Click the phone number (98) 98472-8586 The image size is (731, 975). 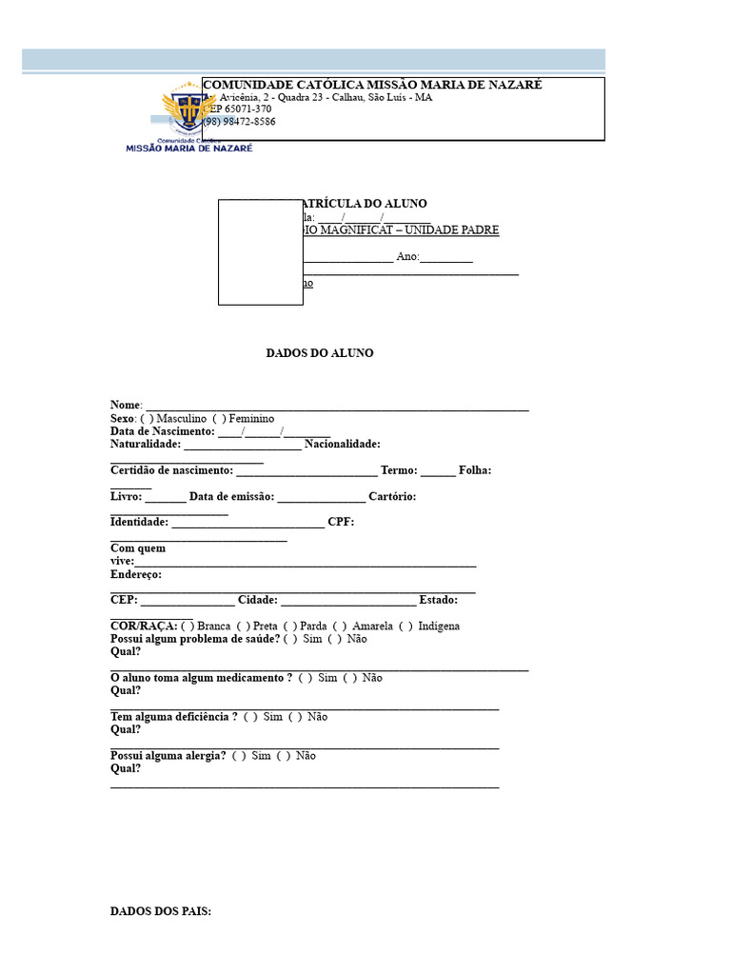click(x=239, y=122)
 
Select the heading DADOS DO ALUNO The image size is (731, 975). click(x=319, y=353)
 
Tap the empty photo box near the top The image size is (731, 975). click(x=260, y=252)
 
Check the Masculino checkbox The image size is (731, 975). click(x=147, y=419)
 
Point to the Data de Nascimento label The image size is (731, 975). click(x=162, y=431)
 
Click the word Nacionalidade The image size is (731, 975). click(x=342, y=444)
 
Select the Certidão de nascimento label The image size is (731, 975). click(x=171, y=470)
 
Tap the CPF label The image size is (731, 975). click(x=340, y=522)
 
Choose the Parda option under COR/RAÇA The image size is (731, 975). click(x=290, y=627)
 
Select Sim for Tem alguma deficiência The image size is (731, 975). click(x=250, y=717)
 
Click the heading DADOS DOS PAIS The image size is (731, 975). click(x=160, y=911)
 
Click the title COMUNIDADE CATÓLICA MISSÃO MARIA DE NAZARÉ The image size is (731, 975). click(x=373, y=85)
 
